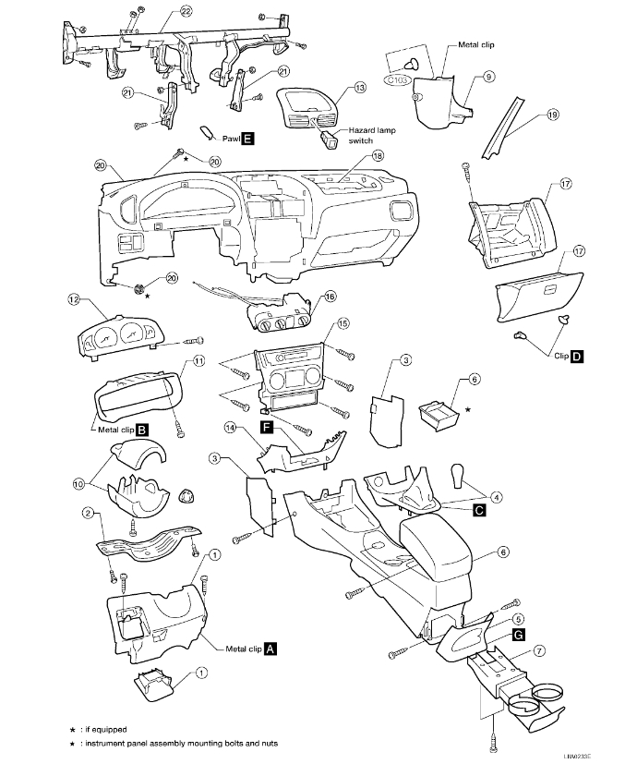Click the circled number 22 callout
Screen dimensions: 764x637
(186, 11)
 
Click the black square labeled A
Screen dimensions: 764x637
(270, 649)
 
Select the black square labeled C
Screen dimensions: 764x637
(479, 509)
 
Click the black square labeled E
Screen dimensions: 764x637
(248, 139)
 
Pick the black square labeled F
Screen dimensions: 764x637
(267, 428)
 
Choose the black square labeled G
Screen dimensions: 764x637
(519, 635)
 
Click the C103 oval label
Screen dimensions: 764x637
(397, 79)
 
